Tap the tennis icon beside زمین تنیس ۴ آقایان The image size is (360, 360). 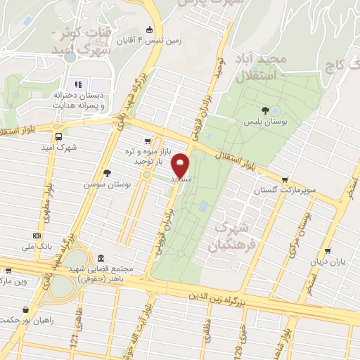149,30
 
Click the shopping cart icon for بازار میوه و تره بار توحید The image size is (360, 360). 147,141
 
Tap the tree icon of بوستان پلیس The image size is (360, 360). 264,110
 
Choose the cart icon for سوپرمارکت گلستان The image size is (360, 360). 284,179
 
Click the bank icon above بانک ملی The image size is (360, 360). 37,236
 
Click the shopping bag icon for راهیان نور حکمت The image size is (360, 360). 26,309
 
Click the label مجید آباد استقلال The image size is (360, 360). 260,68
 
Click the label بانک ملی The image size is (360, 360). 38,247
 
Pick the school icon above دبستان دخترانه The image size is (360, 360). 78,84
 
